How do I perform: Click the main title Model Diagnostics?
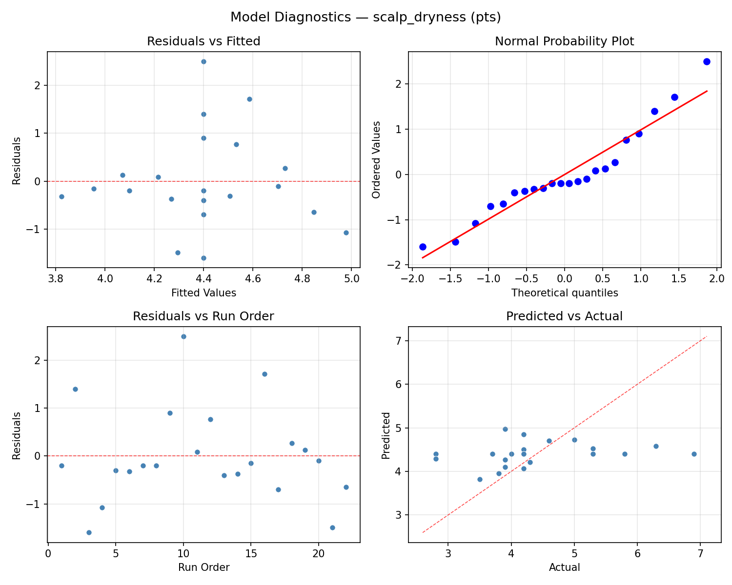coord(366,18)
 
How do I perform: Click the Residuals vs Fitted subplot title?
coord(203,41)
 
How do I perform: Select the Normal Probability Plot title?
coord(564,41)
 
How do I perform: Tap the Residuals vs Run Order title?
coord(203,316)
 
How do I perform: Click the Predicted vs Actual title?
coord(564,316)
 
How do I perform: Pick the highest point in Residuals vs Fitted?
coord(203,61)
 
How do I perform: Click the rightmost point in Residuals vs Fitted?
coord(346,233)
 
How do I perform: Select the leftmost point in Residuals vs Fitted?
coord(61,196)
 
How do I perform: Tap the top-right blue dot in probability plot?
coord(707,61)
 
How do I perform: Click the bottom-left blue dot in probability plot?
coord(423,247)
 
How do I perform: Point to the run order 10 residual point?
coord(183,336)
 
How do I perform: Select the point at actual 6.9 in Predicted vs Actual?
coord(694,454)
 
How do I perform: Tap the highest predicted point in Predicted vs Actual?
coord(505,429)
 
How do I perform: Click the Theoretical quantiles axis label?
coord(564,293)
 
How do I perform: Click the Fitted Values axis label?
coord(203,293)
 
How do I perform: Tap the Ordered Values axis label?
coord(376,160)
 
